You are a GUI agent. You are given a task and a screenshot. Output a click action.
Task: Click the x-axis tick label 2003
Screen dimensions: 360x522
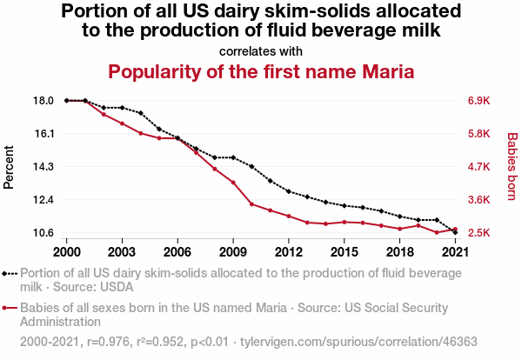coord(122,252)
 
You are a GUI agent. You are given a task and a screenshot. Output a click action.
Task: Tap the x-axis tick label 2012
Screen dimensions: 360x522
coord(288,252)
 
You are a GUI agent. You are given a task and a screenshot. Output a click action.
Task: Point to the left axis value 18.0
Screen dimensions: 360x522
coord(44,101)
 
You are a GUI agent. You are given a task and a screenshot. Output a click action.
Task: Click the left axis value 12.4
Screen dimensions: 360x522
coord(44,200)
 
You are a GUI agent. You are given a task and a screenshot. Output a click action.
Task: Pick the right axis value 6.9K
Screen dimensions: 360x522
coord(480,101)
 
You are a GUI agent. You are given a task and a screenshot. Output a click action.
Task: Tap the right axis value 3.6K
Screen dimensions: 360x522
coord(480,200)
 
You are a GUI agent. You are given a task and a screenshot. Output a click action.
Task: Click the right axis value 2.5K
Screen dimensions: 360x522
coord(480,233)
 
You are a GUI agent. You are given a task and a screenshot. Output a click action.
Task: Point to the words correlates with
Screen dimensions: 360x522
coord(261,50)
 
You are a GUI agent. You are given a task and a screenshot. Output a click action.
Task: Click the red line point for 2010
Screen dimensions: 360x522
coord(251,204)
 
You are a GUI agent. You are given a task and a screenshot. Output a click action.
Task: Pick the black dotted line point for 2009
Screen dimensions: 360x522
coord(233,157)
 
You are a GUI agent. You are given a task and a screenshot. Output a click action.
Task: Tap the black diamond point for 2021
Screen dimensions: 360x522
coord(455,232)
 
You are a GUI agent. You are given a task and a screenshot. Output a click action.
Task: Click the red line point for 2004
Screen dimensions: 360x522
coord(140,133)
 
